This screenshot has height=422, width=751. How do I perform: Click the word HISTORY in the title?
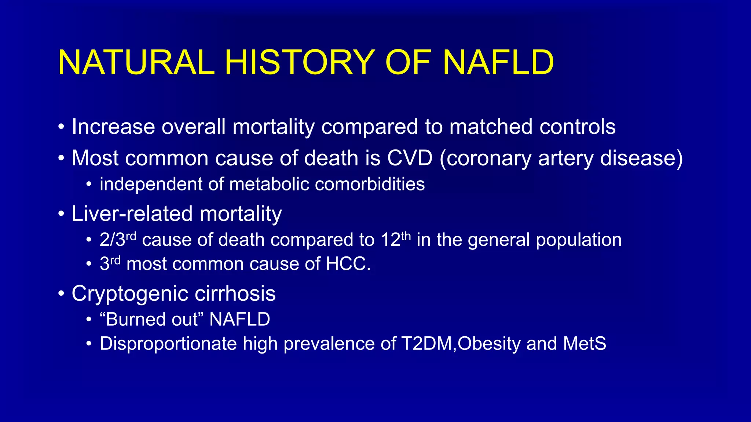point(300,63)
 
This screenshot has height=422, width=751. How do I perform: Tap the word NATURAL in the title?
point(136,63)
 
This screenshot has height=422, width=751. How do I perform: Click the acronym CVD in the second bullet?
point(410,158)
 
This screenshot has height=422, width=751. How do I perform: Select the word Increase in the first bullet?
point(113,127)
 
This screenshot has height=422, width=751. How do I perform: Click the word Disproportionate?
point(168,344)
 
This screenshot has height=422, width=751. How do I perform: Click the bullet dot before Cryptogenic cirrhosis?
point(61,294)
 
